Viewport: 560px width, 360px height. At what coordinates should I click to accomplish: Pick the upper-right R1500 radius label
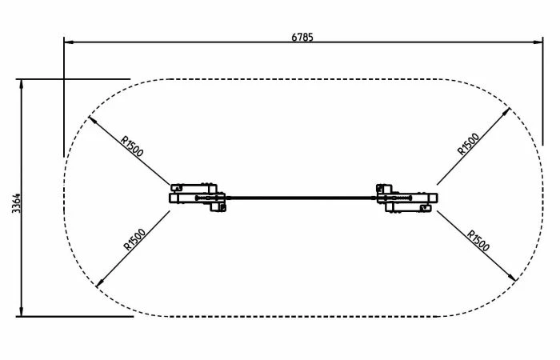[467, 144]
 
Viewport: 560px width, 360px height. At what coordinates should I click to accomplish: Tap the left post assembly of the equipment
[197, 197]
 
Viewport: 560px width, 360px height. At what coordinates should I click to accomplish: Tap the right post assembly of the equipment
[406, 197]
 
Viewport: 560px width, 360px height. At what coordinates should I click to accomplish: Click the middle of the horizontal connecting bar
[302, 197]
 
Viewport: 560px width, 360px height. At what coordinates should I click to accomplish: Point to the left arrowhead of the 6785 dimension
[68, 42]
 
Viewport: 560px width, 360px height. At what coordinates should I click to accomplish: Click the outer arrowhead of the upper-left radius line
[90, 119]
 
